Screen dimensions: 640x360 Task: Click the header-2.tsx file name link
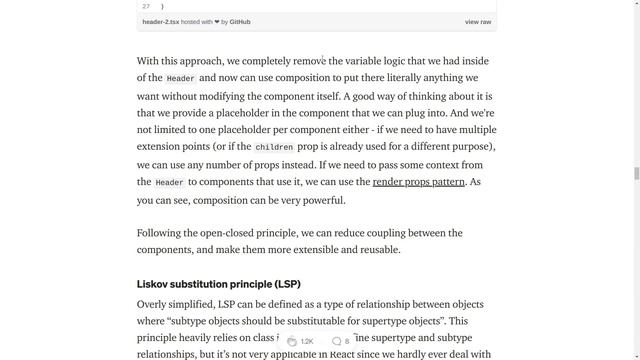(160, 21)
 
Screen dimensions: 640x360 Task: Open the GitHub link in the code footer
(240, 21)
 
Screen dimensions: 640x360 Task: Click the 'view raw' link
(478, 21)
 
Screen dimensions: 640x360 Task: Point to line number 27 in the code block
(146, 6)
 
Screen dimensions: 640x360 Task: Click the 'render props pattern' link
(418, 182)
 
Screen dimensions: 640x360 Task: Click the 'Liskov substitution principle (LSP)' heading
(218, 284)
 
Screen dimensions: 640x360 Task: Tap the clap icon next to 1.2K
(291, 341)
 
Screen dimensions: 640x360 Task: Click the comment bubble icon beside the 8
(336, 341)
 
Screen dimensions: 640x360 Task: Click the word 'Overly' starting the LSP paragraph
(153, 304)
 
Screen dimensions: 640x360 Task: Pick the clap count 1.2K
(307, 341)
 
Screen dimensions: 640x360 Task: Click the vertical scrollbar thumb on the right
(635, 173)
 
